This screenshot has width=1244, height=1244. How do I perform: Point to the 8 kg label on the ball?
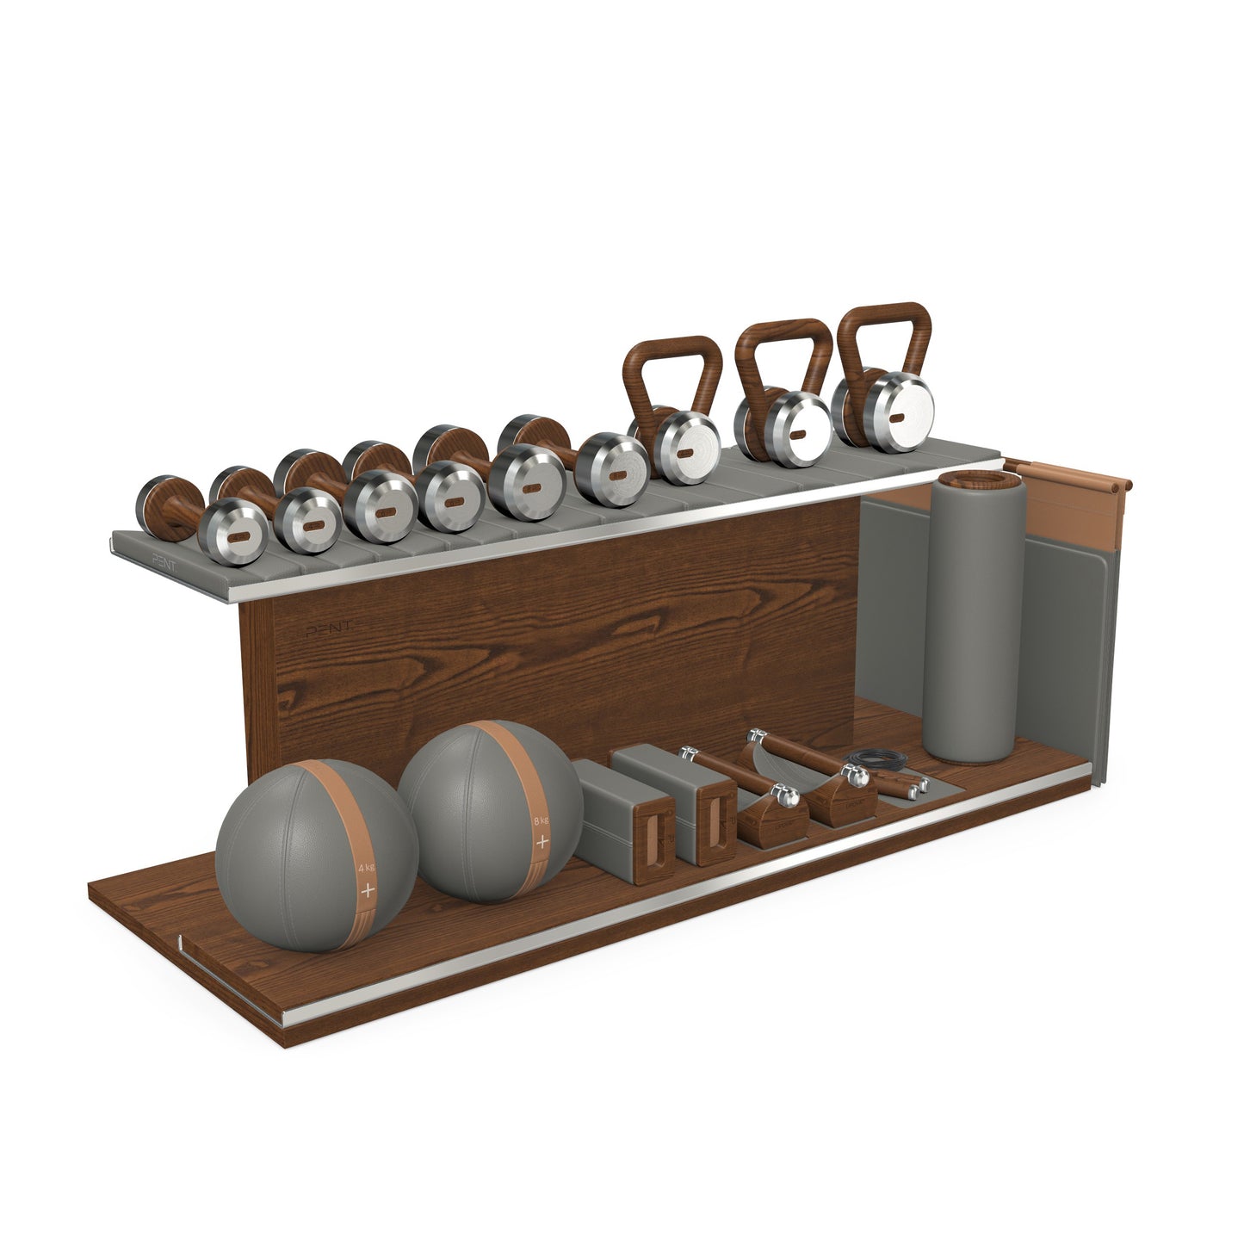point(542,820)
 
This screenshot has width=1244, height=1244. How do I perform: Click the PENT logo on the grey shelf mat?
point(169,559)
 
